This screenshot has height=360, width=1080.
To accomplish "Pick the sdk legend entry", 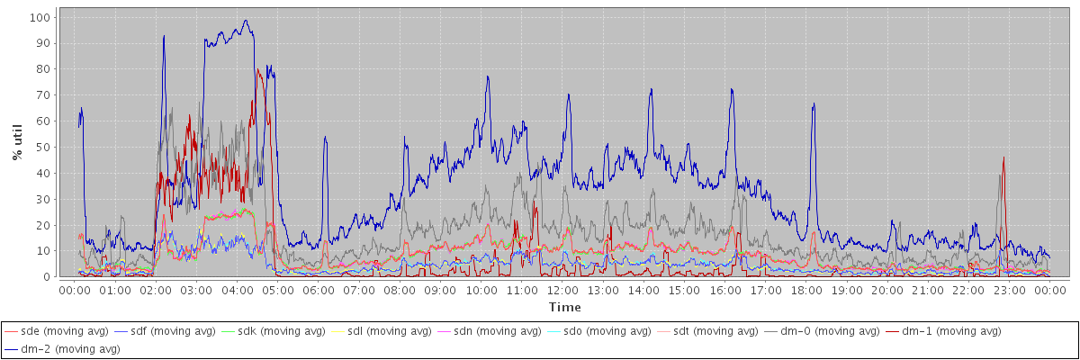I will pos(280,332).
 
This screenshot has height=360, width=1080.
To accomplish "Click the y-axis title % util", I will pos(17,144).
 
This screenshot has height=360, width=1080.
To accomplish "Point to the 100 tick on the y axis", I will pos(40,17).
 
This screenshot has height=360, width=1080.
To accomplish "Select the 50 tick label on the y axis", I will pos(43,147).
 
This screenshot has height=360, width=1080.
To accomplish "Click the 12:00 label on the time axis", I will pos(562,290).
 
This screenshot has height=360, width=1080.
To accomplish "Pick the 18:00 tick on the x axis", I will pos(806,290).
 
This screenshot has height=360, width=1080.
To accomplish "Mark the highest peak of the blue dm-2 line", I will pos(246,21).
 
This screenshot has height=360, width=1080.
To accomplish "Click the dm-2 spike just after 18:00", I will pos(814,104).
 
